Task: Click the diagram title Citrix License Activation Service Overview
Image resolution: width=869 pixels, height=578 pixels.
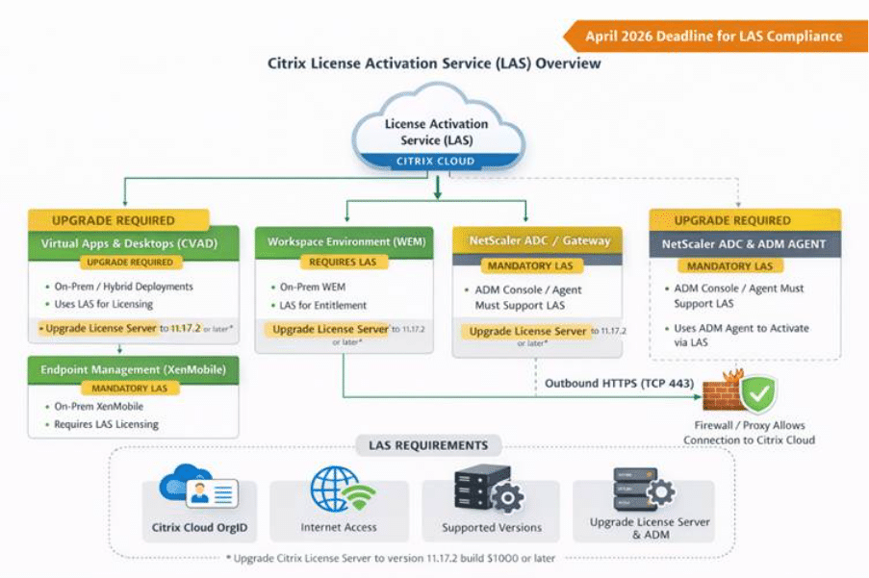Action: click(x=434, y=63)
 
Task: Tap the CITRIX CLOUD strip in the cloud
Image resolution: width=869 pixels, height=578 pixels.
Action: click(x=435, y=162)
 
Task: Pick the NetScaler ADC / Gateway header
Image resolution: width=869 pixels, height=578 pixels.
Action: click(x=532, y=240)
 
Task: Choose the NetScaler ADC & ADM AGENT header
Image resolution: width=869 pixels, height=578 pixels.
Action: click(x=744, y=244)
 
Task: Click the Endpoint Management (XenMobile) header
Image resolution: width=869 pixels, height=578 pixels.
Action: click(x=133, y=369)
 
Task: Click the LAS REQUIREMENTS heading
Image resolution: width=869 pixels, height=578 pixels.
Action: click(x=428, y=445)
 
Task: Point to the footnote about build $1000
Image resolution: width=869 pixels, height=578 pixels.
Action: click(x=396, y=559)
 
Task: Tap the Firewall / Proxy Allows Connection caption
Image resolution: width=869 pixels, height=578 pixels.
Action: click(x=749, y=433)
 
